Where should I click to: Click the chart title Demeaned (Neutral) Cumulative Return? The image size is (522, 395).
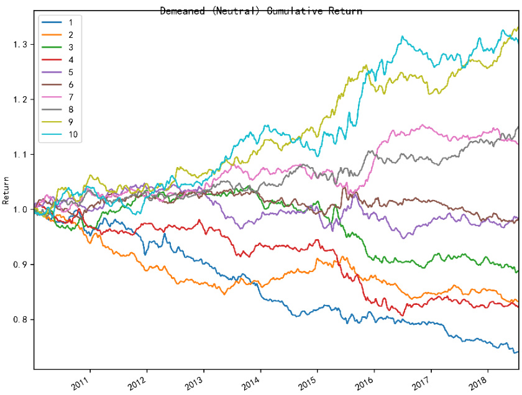click(x=261, y=11)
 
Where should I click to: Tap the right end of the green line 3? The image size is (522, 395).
click(x=518, y=271)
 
